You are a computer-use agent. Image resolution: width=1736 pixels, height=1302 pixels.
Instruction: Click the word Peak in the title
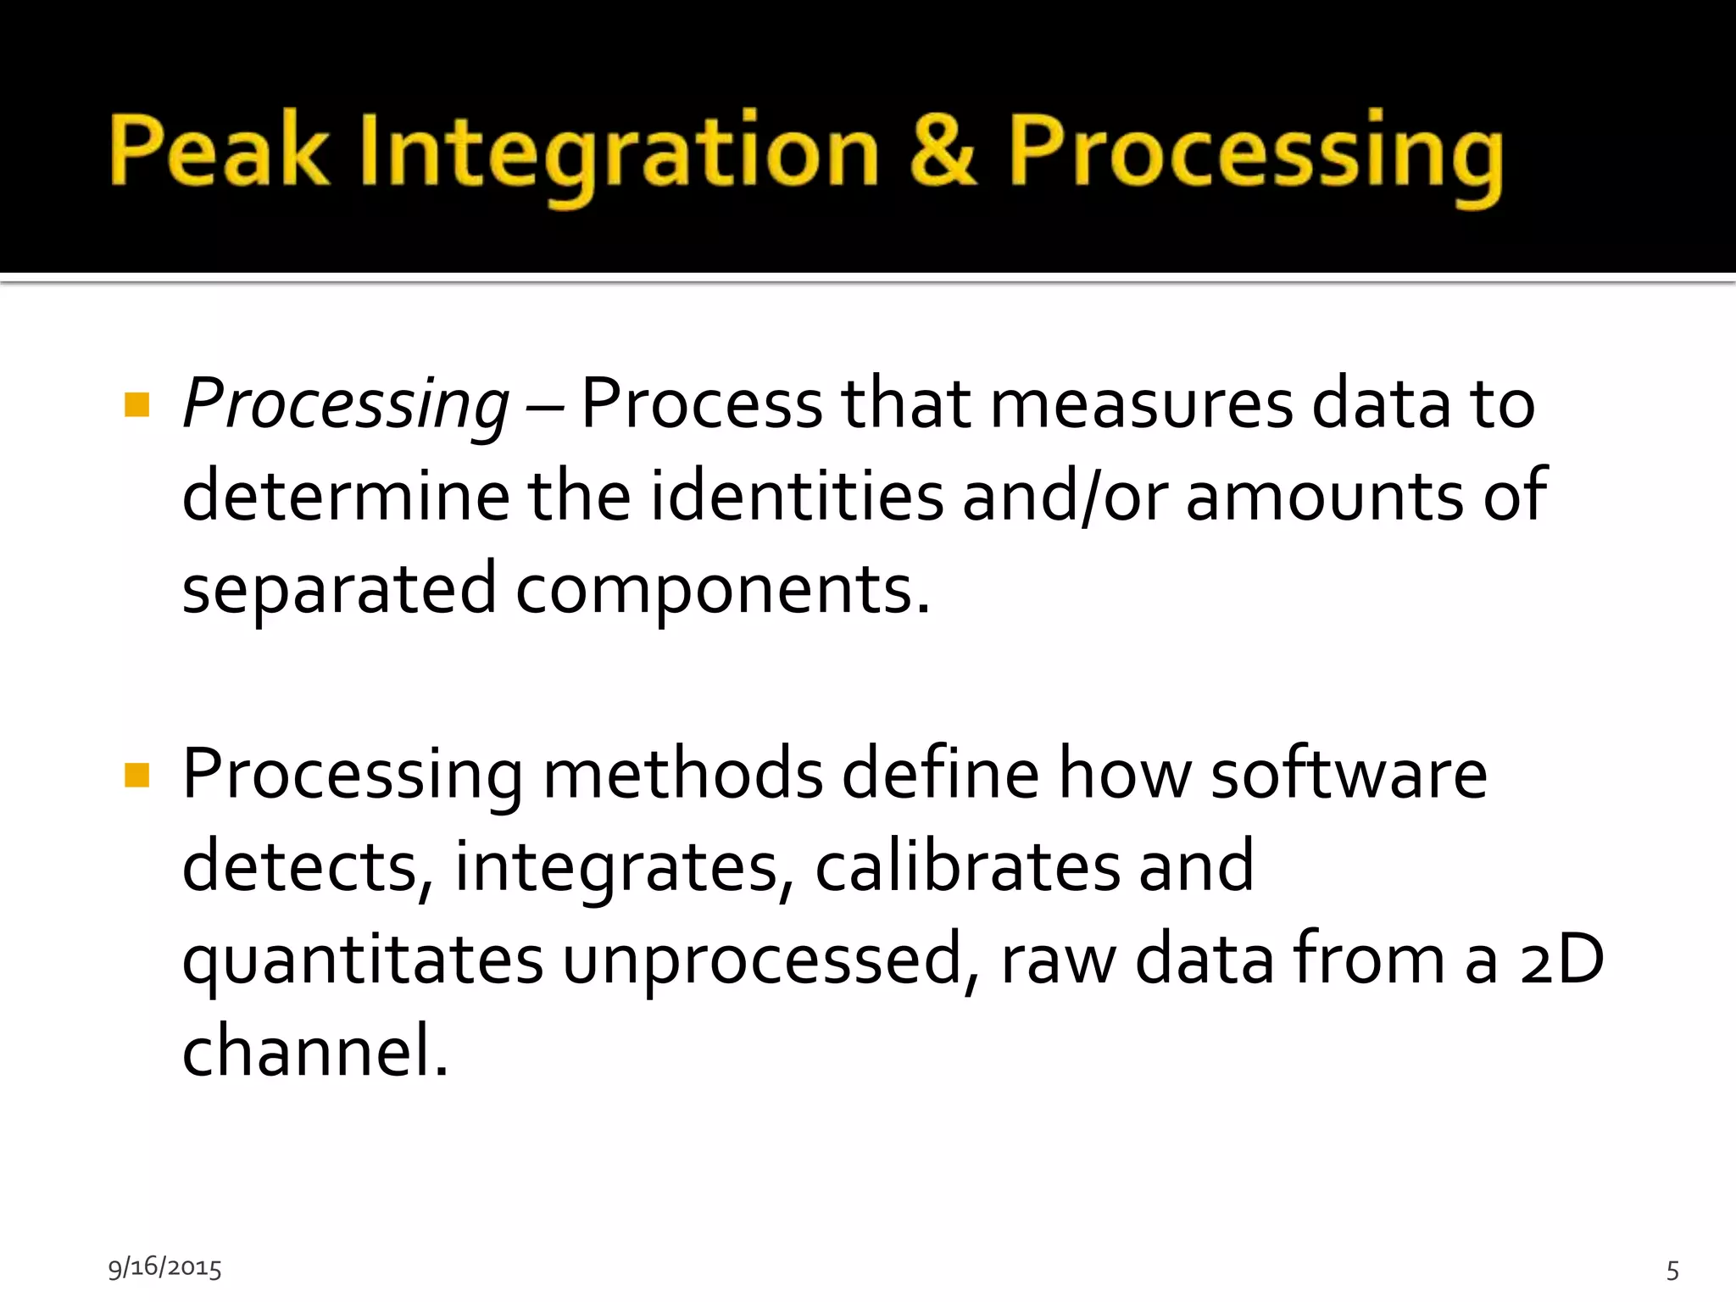(x=219, y=151)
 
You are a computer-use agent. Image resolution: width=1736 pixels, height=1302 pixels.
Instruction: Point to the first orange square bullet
(x=136, y=404)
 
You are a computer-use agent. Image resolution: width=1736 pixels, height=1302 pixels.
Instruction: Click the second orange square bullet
(x=136, y=775)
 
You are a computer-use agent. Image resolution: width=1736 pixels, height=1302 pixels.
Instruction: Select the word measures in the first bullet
(x=1141, y=403)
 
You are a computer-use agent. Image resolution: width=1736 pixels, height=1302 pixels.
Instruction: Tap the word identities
(x=797, y=496)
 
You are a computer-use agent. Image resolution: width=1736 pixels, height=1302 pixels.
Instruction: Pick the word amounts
(x=1324, y=496)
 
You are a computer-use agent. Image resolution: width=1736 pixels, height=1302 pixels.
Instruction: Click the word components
(x=722, y=590)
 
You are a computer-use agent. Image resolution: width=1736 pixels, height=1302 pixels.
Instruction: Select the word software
(x=1348, y=773)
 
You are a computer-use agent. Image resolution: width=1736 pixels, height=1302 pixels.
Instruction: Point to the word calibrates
(x=967, y=865)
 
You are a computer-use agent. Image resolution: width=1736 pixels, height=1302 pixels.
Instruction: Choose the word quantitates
(x=363, y=960)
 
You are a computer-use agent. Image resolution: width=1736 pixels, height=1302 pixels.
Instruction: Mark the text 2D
(x=1561, y=959)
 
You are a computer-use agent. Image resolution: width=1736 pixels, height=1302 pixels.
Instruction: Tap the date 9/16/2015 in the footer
(x=164, y=1267)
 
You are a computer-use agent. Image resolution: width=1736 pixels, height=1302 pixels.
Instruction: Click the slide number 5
(x=1672, y=1270)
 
